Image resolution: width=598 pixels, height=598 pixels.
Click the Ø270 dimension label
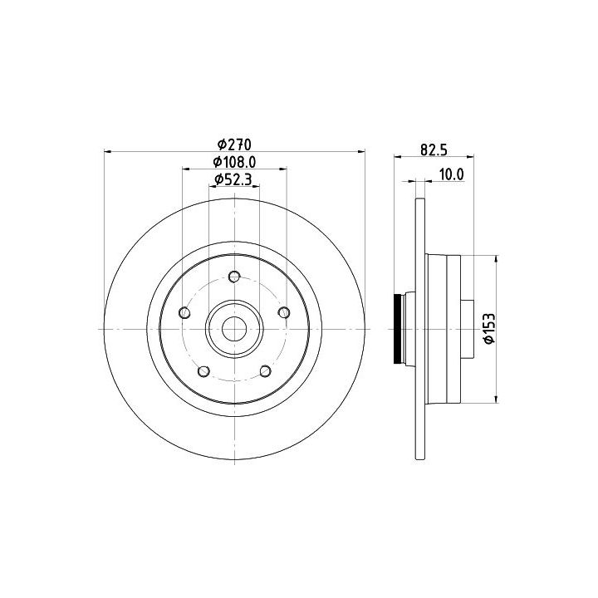(x=234, y=145)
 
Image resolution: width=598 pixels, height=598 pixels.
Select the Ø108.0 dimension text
(x=234, y=162)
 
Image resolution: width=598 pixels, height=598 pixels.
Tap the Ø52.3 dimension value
(x=233, y=179)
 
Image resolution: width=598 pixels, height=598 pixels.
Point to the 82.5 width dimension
(x=434, y=149)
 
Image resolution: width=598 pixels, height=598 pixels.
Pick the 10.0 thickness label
(x=452, y=174)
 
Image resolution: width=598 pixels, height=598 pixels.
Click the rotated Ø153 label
(x=489, y=328)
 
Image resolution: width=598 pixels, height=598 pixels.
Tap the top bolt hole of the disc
(x=234, y=276)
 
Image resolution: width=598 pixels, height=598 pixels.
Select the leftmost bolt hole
(x=184, y=313)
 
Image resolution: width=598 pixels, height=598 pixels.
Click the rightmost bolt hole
(x=284, y=313)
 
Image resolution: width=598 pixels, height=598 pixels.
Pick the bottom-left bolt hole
(x=204, y=371)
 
